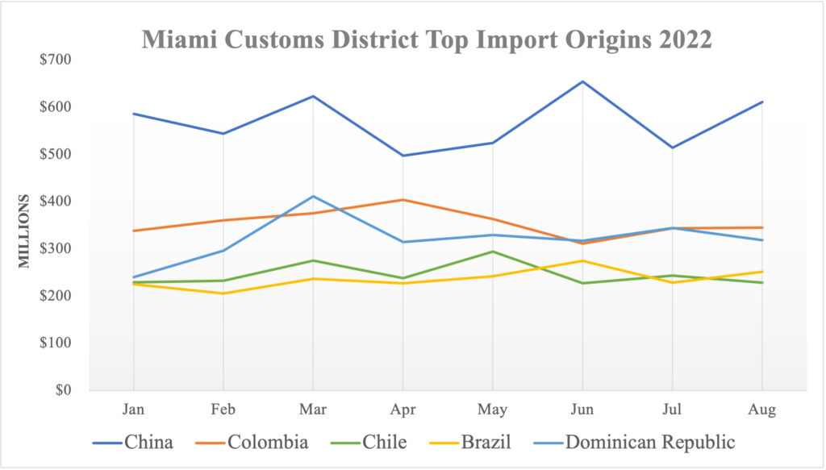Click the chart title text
click(427, 40)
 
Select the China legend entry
click(132, 442)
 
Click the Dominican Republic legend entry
click(633, 442)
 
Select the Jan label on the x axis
click(134, 410)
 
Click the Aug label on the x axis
click(761, 410)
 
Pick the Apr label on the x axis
click(403, 410)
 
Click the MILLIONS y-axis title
click(25, 231)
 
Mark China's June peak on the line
click(582, 81)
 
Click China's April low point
click(403, 156)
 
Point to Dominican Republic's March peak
click(313, 196)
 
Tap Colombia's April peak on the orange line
click(403, 200)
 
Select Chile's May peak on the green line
click(492, 252)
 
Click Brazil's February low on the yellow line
click(223, 293)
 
